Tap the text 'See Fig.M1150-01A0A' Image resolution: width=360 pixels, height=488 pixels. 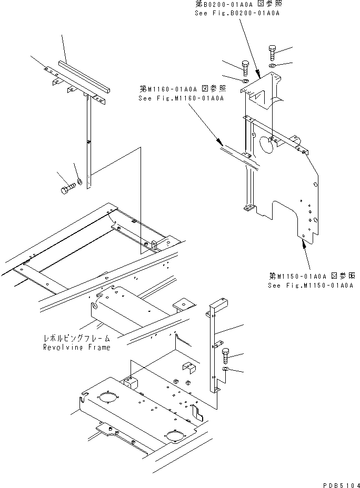[309, 286]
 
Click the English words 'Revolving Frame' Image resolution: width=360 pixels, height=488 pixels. [77, 348]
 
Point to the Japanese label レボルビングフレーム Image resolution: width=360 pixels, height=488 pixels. [77, 340]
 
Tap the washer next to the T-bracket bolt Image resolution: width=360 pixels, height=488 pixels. [79, 182]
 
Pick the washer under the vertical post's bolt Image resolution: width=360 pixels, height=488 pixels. [226, 370]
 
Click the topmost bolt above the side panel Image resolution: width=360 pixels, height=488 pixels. [272, 52]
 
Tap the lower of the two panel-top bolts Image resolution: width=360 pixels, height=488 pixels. [246, 67]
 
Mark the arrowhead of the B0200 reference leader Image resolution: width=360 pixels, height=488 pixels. [258, 74]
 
